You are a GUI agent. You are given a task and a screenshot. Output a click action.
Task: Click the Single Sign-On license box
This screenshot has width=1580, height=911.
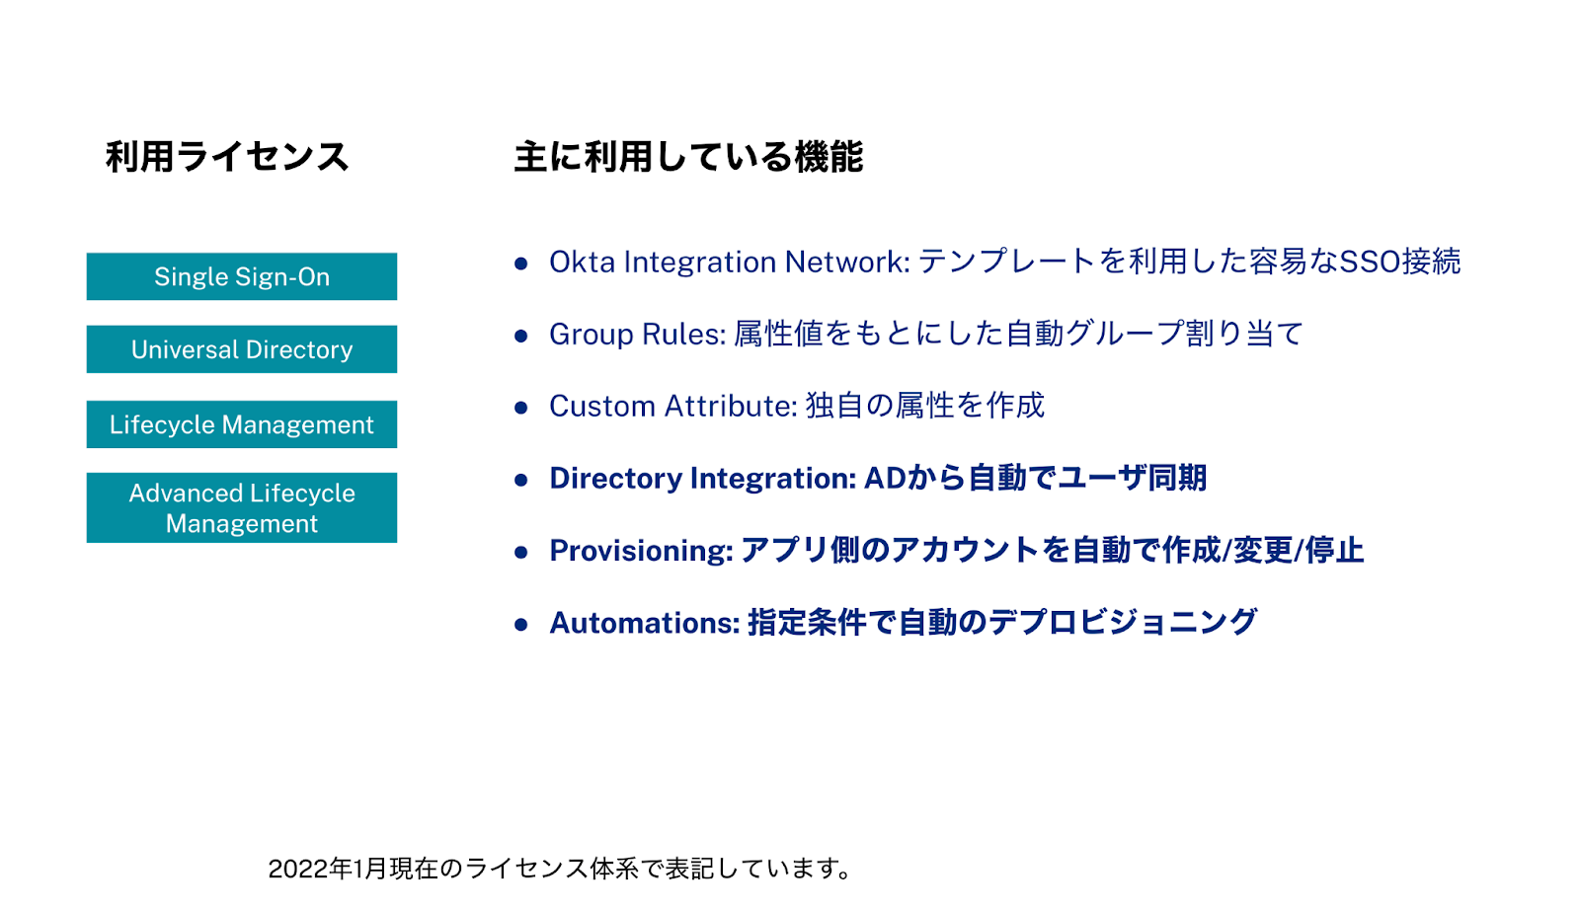241,276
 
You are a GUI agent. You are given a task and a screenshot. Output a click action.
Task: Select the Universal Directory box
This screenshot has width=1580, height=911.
241,349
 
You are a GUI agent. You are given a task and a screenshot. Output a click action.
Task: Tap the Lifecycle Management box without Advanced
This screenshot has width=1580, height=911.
241,424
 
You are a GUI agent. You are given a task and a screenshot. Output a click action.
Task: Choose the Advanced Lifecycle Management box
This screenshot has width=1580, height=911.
241,507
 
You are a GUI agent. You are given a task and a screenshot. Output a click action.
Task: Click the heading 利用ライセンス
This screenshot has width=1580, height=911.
227,157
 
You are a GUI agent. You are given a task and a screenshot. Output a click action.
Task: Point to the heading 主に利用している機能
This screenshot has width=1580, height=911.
688,157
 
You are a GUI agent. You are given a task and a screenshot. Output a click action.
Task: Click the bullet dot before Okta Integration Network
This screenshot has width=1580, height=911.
521,263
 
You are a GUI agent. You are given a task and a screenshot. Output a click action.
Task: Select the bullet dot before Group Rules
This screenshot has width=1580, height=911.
521,336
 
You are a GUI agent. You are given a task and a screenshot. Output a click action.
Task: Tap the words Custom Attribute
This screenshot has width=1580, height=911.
671,407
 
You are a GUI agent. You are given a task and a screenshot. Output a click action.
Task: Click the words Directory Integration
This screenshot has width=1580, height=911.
701,479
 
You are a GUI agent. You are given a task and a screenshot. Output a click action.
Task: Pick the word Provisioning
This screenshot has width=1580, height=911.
640,551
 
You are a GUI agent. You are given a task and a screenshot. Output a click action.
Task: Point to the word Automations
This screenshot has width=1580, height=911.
643,624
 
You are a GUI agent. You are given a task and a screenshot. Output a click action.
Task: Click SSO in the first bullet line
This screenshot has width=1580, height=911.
1370,262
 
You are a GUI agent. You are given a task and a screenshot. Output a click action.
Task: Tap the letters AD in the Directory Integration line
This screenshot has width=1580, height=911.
885,479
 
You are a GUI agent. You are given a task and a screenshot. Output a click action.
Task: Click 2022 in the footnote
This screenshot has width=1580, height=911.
297,870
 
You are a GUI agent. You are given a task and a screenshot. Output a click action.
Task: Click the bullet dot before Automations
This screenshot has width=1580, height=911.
521,625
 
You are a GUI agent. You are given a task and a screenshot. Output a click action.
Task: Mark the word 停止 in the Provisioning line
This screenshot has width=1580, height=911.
1334,551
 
